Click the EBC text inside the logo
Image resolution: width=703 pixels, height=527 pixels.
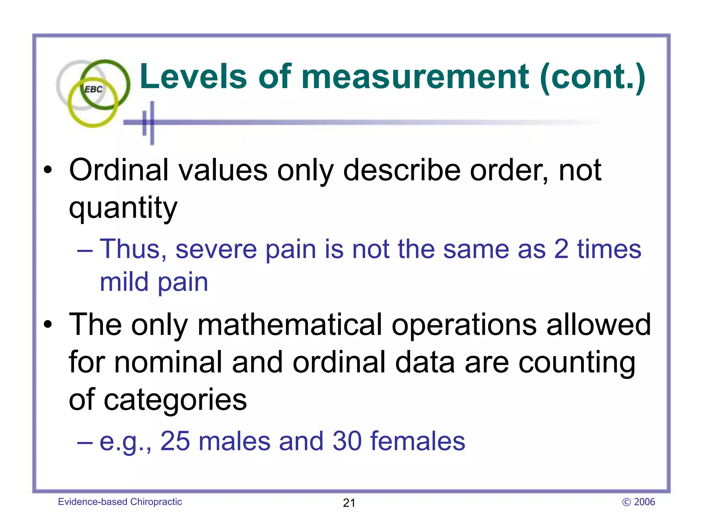[x=93, y=89]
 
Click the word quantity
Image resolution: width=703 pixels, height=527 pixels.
[x=123, y=208]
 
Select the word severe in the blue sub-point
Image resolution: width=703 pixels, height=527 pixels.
[x=216, y=249]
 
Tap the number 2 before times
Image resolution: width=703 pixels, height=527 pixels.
[x=561, y=249]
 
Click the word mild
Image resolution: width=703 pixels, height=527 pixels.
[x=124, y=282]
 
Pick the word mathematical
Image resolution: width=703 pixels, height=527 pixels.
[x=290, y=325]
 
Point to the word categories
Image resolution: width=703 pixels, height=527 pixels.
[x=175, y=400]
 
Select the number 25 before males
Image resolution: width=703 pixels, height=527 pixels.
[x=175, y=441]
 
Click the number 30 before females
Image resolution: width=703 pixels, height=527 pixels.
[x=347, y=441]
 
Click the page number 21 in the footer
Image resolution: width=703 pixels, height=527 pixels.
[x=349, y=503]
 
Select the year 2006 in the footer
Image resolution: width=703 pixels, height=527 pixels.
[x=644, y=502]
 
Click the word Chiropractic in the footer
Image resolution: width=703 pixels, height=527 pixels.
[x=156, y=502]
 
